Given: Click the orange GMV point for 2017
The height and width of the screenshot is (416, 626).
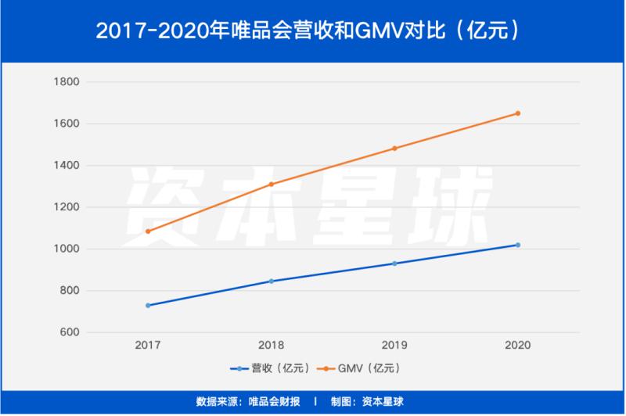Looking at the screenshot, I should pos(147,231).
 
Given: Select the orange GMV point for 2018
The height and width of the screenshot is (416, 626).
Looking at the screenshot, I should pos(271,185).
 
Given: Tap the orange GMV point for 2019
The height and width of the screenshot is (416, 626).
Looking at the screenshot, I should pos(394,149).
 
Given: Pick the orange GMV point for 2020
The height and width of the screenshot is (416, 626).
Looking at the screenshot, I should pos(517,113).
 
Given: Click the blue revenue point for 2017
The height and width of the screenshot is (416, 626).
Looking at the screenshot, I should pos(147,305).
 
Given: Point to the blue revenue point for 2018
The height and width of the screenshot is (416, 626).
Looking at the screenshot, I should pos(271,282).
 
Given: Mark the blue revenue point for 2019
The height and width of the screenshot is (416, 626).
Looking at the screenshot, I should pos(394,264).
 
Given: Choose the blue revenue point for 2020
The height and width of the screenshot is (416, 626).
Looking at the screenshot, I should pos(517,245).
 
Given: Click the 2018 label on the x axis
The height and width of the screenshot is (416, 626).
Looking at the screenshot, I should pos(271,344).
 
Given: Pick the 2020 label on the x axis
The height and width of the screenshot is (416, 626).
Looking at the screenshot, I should pos(517,344).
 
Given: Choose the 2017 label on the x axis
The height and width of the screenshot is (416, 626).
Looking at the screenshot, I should pos(147,344).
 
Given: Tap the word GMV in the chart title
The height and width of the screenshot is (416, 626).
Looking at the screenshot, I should pos(377,31).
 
